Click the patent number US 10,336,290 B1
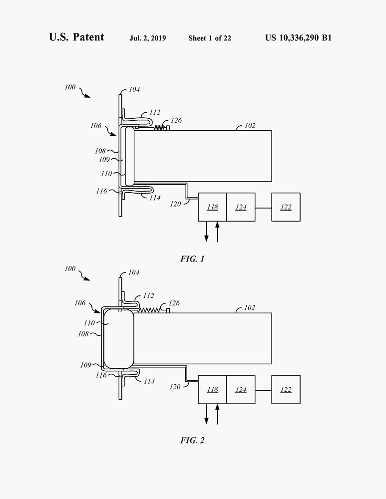click(298, 38)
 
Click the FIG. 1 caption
click(192, 259)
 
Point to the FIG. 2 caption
click(192, 440)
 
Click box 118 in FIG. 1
click(212, 207)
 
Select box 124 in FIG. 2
click(241, 389)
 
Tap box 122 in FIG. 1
click(286, 207)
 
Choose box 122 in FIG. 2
click(286, 389)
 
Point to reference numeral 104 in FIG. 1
click(134, 90)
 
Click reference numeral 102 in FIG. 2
click(249, 308)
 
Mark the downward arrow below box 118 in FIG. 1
click(207, 233)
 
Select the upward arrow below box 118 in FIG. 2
click(217, 414)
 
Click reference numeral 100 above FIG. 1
click(70, 87)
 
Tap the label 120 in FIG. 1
click(175, 204)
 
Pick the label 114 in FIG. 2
click(149, 381)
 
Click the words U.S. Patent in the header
click(76, 37)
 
